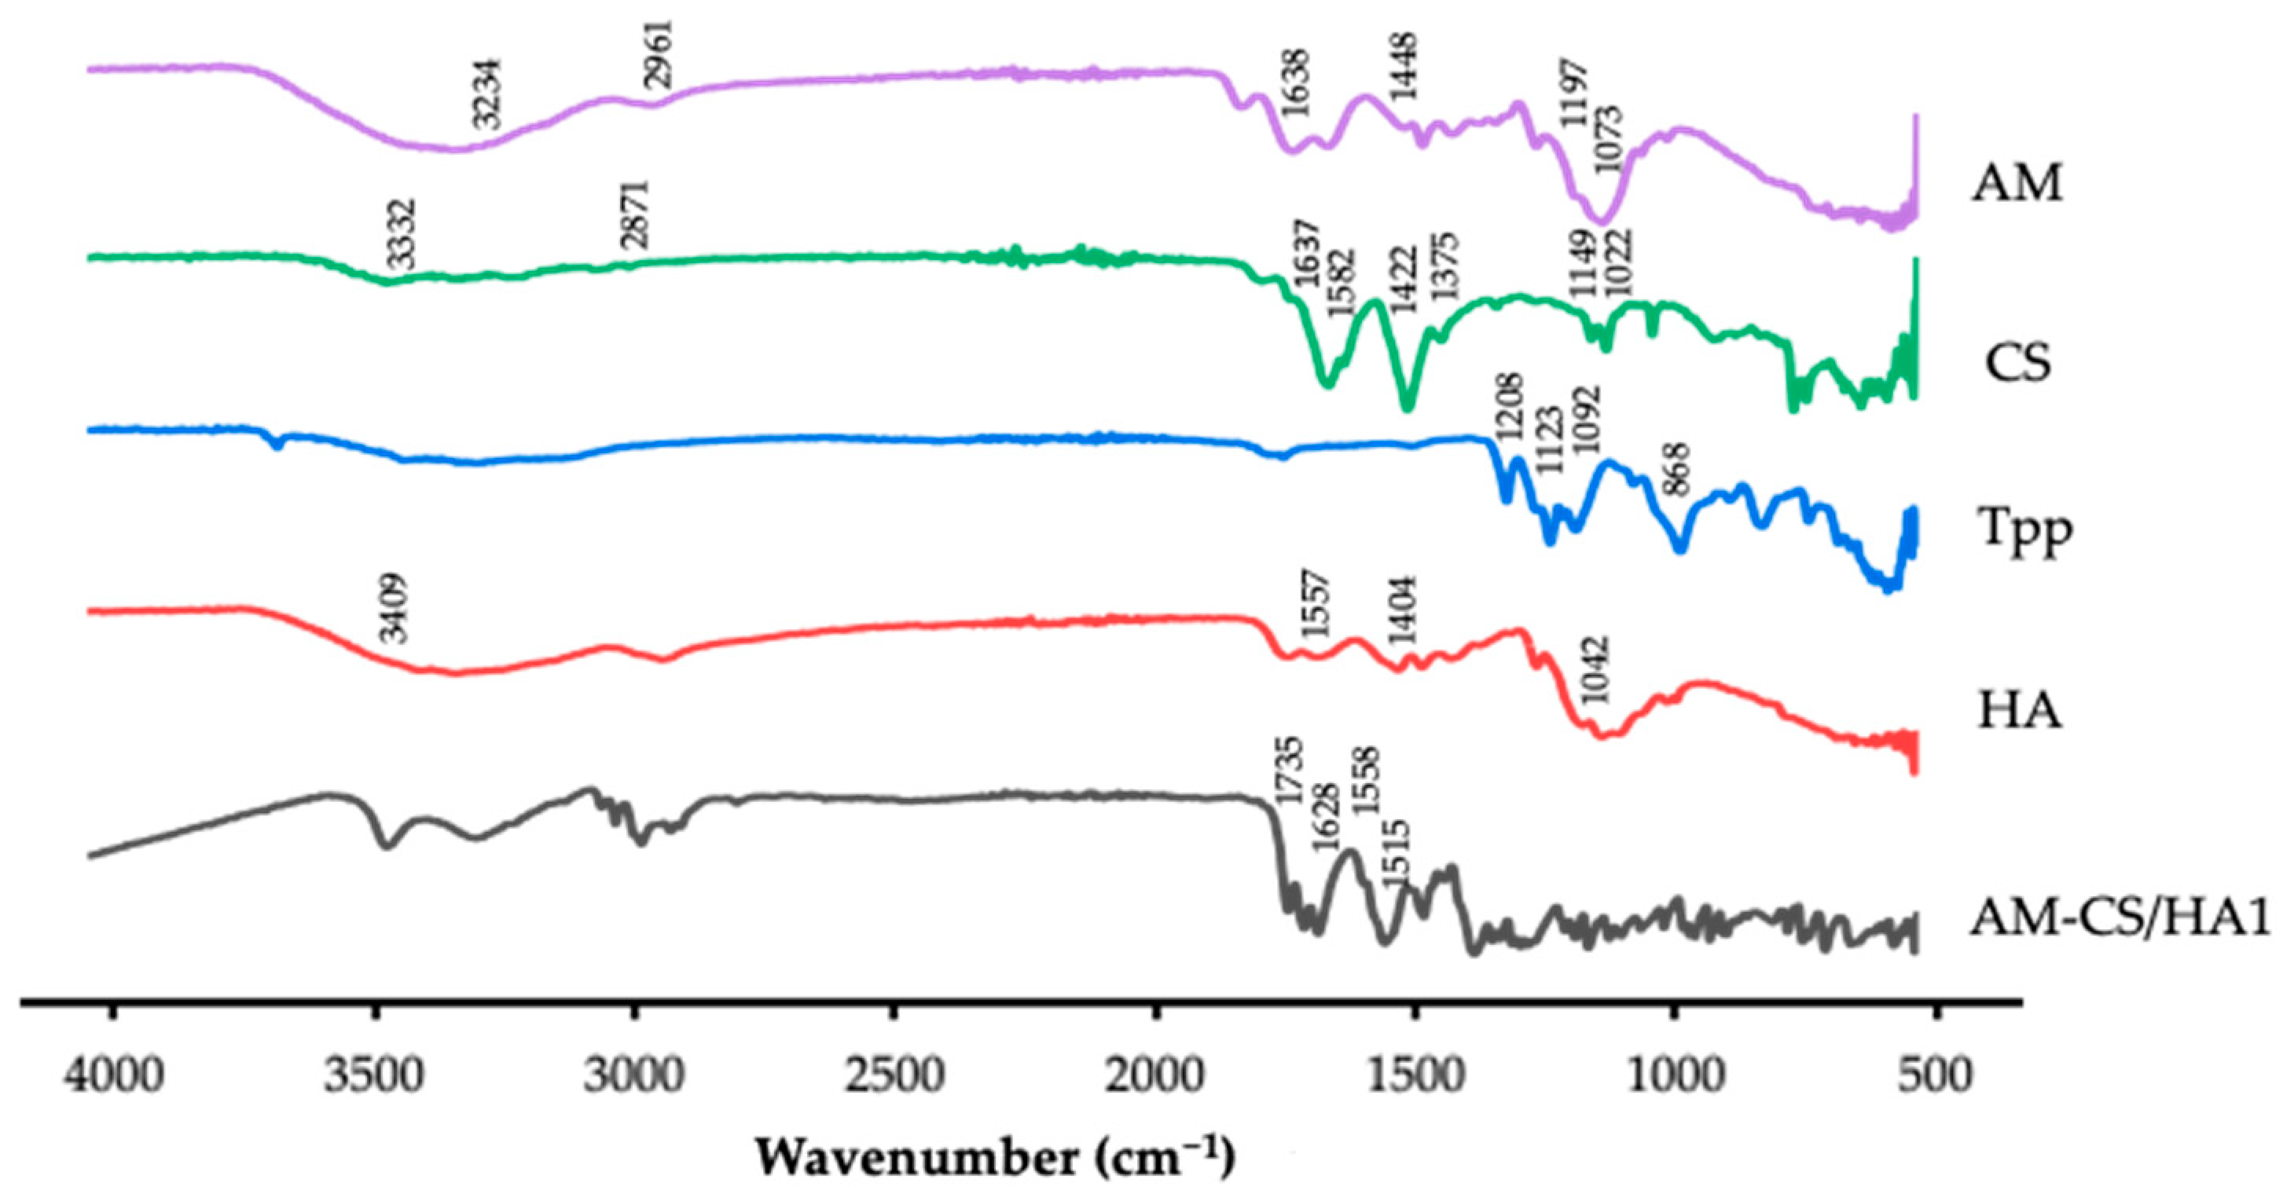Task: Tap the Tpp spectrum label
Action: click(2024, 532)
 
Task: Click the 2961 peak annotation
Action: click(659, 53)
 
